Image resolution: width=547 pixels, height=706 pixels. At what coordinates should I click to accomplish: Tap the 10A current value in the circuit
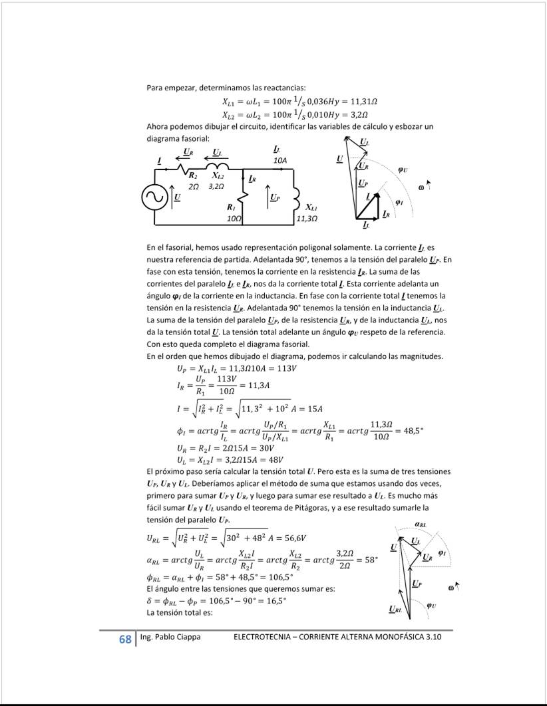280,161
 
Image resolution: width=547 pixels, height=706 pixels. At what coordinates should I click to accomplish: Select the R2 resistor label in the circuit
193,176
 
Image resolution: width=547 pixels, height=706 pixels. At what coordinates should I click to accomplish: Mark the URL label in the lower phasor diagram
395,608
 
